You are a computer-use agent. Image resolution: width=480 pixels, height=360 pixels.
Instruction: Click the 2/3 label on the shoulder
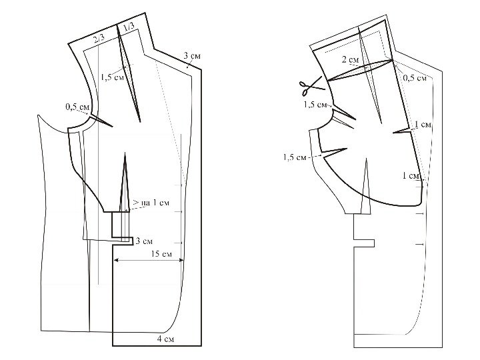coord(99,38)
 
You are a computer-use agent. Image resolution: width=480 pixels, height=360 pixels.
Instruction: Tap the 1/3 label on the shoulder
coord(129,27)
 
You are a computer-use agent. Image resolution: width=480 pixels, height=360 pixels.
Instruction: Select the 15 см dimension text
coord(161,254)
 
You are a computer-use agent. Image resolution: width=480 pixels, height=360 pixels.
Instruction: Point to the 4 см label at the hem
coord(165,339)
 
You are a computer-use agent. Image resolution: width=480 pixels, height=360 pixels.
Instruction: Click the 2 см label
coord(350,59)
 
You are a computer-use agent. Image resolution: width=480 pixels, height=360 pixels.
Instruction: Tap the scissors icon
coord(311,85)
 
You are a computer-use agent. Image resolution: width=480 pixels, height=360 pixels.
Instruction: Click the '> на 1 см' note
coord(151,203)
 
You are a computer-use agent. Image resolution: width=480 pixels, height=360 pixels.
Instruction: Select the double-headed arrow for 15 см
coord(149,261)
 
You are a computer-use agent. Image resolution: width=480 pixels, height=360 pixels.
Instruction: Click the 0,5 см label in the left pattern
coord(77,107)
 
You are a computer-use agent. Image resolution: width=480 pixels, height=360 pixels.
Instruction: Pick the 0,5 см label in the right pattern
coord(415,78)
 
